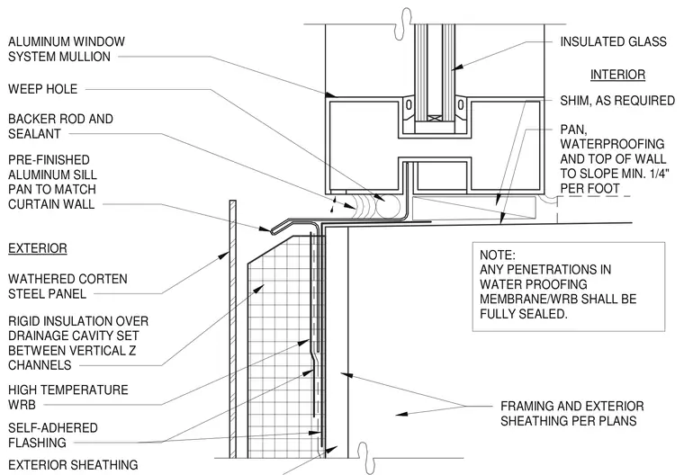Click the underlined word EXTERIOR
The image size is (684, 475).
[38, 248]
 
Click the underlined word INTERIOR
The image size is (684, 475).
[617, 75]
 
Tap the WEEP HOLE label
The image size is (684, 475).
[43, 89]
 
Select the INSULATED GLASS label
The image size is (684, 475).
[613, 42]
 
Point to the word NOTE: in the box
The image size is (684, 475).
[498, 255]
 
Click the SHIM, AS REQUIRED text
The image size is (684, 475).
[617, 101]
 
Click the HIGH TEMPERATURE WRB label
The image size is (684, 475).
[68, 397]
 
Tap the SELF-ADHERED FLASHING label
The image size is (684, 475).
[53, 435]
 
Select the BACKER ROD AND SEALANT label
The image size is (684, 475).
[60, 126]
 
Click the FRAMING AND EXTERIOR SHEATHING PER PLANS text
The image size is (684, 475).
[571, 414]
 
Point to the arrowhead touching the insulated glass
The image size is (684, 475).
[456, 67]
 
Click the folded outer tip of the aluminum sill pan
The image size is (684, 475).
[273, 230]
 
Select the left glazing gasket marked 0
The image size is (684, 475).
[409, 105]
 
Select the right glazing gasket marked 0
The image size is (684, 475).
[461, 105]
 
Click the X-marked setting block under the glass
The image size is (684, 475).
[435, 118]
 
